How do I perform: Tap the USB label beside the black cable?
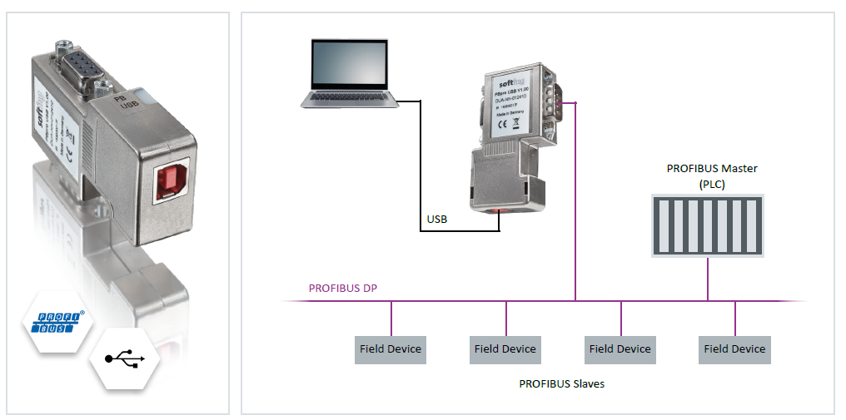(437, 220)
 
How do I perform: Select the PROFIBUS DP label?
(344, 289)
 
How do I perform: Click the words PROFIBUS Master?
(712, 168)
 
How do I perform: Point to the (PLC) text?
(712, 184)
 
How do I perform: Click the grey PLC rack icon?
(707, 225)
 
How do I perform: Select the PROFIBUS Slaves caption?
(560, 383)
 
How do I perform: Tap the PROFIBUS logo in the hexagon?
(57, 321)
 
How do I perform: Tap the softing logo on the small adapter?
(509, 83)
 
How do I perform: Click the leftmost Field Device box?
(391, 349)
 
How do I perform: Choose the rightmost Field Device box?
(734, 349)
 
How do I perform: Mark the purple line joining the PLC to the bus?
(707, 279)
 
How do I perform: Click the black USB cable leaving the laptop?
(420, 166)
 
